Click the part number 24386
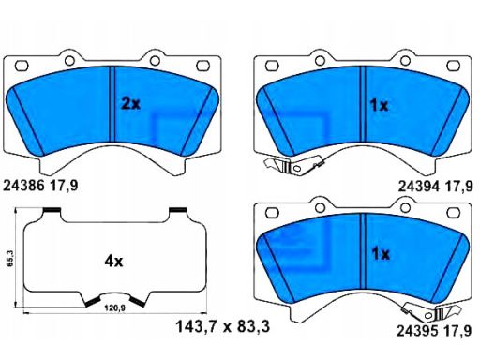click(x=23, y=186)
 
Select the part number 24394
click(x=419, y=187)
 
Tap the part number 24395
click(x=417, y=331)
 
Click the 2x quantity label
click(x=130, y=103)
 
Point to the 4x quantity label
click(x=113, y=261)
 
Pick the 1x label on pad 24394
click(x=379, y=105)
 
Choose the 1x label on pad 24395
click(x=381, y=254)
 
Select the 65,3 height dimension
click(x=10, y=258)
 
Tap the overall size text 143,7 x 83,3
click(x=222, y=327)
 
